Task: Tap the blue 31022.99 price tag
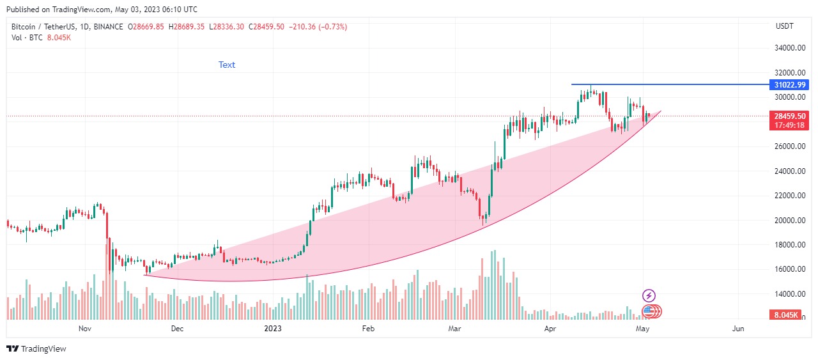(789, 85)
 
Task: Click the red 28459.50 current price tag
(789, 116)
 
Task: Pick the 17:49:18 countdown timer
(789, 125)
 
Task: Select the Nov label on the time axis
(85, 329)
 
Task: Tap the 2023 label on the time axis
(273, 329)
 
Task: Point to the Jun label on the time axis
(738, 329)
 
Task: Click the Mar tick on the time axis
(454, 329)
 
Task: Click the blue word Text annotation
(227, 65)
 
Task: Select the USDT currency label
(784, 26)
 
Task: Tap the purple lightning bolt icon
(649, 295)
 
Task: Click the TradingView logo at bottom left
(36, 348)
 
